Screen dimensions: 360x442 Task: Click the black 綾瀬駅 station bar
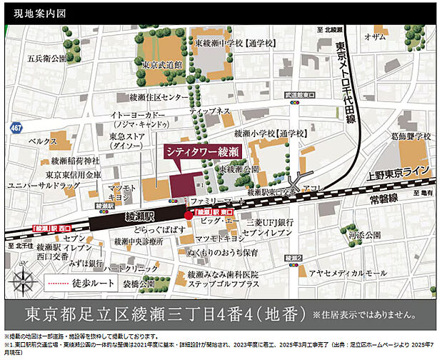135,214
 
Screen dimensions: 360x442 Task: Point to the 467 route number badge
16,126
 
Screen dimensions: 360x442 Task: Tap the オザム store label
376,38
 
